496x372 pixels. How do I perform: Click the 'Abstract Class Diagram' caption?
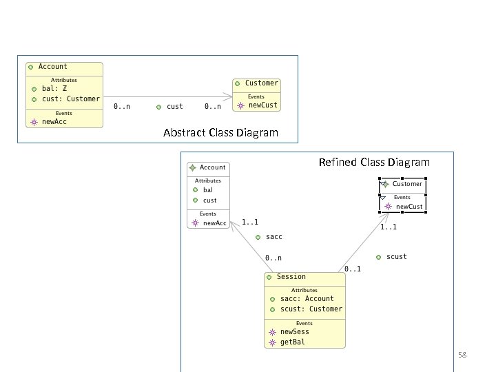tap(220, 133)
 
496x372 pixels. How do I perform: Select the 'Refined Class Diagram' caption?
tap(374, 163)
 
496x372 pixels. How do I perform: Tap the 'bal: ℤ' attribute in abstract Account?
tap(54, 89)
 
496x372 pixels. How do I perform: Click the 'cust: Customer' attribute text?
tap(70, 99)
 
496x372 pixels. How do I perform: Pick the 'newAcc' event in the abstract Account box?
tap(54, 121)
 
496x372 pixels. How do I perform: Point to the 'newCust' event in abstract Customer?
tap(263, 105)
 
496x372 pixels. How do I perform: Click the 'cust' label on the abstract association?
tap(175, 107)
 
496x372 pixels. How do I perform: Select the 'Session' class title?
tap(291, 277)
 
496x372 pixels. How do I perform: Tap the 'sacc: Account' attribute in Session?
tap(307, 299)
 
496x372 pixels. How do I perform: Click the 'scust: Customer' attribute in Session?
tap(311, 309)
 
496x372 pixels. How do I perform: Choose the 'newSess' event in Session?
tap(294, 332)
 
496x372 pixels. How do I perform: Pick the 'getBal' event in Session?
tap(292, 342)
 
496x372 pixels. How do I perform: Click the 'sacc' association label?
tap(273, 237)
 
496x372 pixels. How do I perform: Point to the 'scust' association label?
tap(396, 257)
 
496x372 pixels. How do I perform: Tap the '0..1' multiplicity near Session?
tap(353, 269)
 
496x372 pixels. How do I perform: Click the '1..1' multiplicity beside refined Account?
tap(250, 222)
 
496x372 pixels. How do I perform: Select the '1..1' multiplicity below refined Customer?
tap(389, 227)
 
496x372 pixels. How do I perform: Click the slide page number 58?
tap(462, 355)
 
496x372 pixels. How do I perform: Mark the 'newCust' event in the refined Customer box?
tap(409, 206)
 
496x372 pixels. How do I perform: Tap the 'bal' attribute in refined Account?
tap(207, 189)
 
